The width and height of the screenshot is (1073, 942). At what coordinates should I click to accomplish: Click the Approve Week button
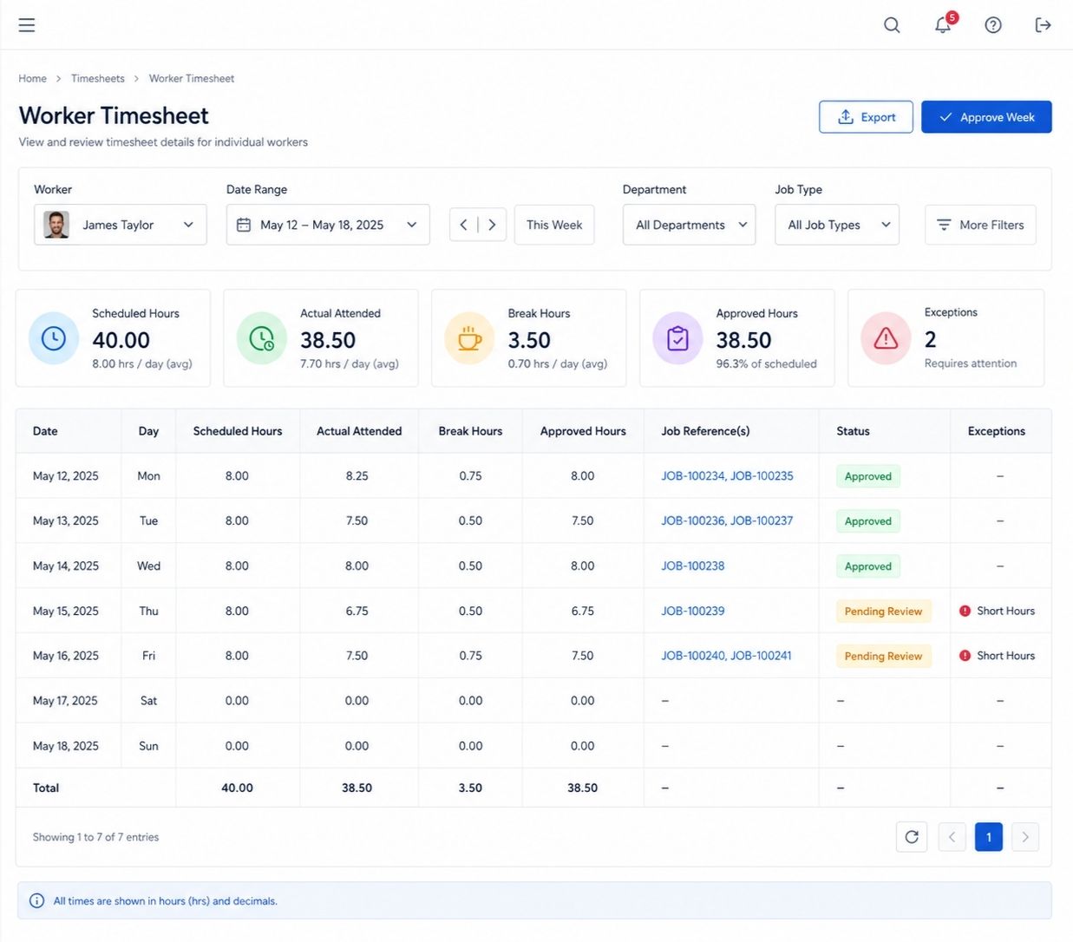pyautogui.click(x=986, y=117)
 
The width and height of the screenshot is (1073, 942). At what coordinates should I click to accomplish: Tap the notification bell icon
pyautogui.click(x=943, y=25)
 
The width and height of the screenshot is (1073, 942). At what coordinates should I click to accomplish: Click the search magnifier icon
pyautogui.click(x=892, y=25)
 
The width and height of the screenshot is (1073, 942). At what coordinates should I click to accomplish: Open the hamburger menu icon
pyautogui.click(x=27, y=25)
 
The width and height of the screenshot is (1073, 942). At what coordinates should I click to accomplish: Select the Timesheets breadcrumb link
pyautogui.click(x=98, y=78)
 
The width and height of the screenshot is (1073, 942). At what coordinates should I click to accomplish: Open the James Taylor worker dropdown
pyautogui.click(x=121, y=225)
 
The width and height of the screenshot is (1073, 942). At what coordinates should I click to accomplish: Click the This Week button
pyautogui.click(x=554, y=225)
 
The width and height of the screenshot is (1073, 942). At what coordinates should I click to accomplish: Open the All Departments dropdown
pyautogui.click(x=689, y=225)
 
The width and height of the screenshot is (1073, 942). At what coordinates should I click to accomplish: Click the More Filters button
pyautogui.click(x=980, y=225)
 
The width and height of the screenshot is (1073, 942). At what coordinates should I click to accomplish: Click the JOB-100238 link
pyautogui.click(x=693, y=566)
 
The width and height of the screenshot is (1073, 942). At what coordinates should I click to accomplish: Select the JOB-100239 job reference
pyautogui.click(x=693, y=611)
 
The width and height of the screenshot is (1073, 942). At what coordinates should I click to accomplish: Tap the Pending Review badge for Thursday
pyautogui.click(x=883, y=611)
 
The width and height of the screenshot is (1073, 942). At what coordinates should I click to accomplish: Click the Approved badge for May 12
pyautogui.click(x=868, y=476)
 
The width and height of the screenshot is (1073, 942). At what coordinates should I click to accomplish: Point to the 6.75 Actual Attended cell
pyautogui.click(x=357, y=611)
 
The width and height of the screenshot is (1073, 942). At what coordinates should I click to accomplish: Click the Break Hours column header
pyautogui.click(x=470, y=431)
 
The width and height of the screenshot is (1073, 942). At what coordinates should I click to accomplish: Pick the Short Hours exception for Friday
pyautogui.click(x=997, y=656)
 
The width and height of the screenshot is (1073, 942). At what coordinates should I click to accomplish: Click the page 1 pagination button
pyautogui.click(x=988, y=837)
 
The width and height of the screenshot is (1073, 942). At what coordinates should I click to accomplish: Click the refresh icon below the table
pyautogui.click(x=912, y=837)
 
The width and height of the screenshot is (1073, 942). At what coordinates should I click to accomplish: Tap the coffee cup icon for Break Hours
pyautogui.click(x=469, y=338)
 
